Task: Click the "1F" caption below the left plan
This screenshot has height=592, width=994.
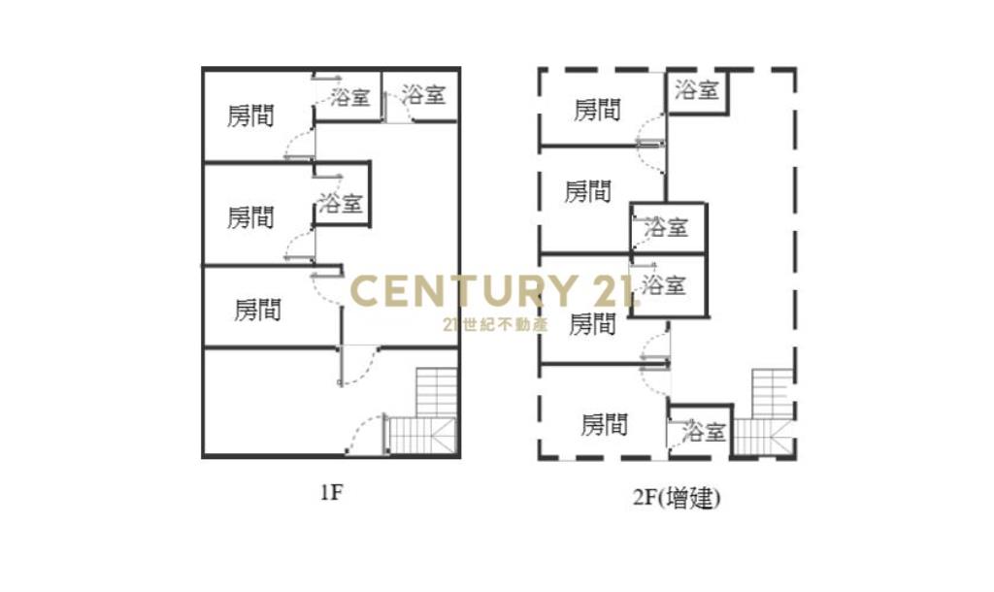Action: click(x=331, y=492)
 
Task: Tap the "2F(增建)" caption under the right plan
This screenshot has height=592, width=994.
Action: click(x=677, y=498)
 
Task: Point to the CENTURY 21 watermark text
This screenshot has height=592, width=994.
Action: click(x=490, y=291)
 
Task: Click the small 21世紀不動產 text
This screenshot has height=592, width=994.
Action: click(x=495, y=324)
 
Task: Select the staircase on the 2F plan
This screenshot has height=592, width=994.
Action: click(x=763, y=412)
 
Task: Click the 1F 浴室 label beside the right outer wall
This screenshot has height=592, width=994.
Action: click(x=423, y=94)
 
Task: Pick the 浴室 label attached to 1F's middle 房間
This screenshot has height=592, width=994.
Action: click(x=341, y=203)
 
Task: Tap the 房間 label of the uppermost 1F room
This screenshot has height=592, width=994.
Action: click(x=250, y=116)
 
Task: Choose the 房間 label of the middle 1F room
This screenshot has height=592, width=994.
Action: click(x=250, y=217)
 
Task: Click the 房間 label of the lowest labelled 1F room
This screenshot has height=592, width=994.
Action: click(x=257, y=310)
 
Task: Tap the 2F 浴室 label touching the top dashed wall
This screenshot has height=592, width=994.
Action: click(x=696, y=89)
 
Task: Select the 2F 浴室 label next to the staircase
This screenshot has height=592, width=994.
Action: click(x=704, y=432)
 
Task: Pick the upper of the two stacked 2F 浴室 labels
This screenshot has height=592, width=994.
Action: click(x=666, y=226)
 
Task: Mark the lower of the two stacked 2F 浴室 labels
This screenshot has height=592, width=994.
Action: click(x=664, y=284)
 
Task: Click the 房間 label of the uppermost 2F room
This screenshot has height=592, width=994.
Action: click(x=597, y=110)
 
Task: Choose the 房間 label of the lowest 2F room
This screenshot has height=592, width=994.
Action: click(x=604, y=424)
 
